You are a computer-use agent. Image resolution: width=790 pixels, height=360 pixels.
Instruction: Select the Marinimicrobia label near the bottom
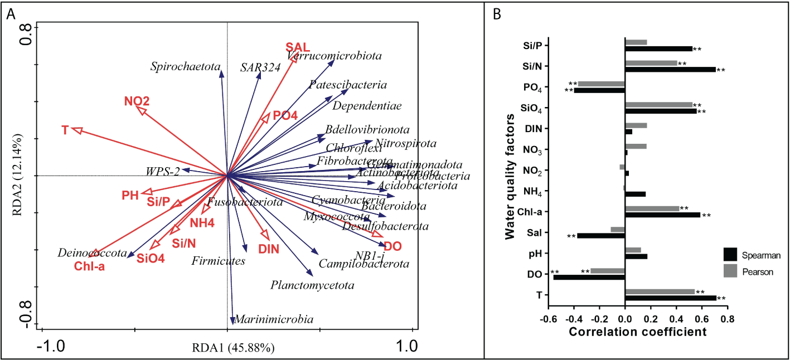(x=274, y=319)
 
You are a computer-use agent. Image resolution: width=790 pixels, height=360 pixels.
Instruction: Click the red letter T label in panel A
(x=65, y=130)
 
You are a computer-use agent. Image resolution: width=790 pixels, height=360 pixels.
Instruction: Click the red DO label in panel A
(x=393, y=246)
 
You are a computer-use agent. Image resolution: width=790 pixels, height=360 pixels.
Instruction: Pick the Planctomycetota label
(x=312, y=285)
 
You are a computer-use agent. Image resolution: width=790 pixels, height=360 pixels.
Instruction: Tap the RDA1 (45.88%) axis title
(x=232, y=349)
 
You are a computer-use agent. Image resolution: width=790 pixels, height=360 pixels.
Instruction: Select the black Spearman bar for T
(x=670, y=298)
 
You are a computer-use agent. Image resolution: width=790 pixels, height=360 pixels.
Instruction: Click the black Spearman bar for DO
(x=589, y=277)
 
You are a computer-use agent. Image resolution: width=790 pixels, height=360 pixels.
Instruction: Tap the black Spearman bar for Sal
(x=601, y=236)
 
